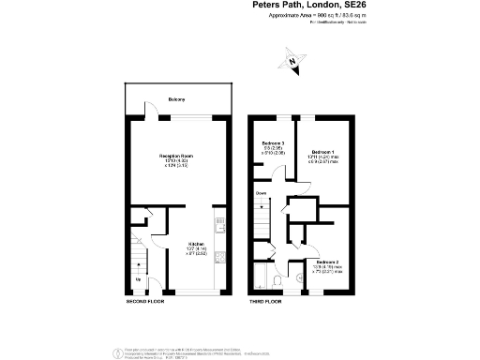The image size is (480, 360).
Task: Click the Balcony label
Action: pyautogui.click(x=176, y=99)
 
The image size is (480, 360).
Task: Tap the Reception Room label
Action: pyautogui.click(x=175, y=155)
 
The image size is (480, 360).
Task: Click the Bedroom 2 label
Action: pyautogui.click(x=327, y=262)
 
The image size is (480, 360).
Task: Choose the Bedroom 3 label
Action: pyautogui.click(x=272, y=142)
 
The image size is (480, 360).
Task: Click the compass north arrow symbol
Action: pyautogui.click(x=293, y=65)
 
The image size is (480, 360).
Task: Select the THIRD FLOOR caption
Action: pyautogui.click(x=267, y=301)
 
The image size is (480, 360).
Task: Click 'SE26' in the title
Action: pyautogui.click(x=367, y=5)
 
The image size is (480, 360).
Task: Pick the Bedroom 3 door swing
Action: pyautogui.click(x=280, y=172)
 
